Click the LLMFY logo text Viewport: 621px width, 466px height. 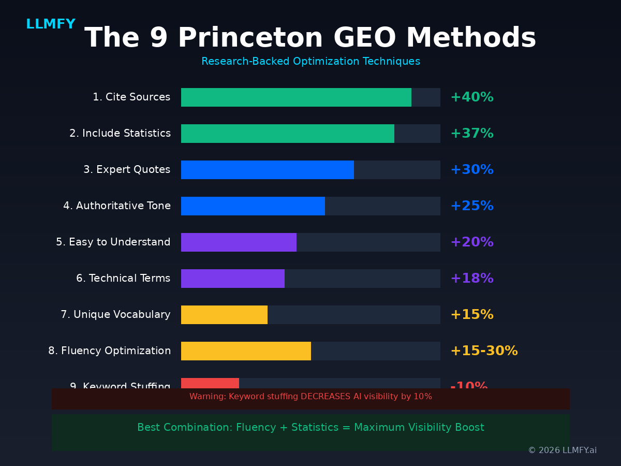point(51,24)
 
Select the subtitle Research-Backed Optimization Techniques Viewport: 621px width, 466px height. point(310,62)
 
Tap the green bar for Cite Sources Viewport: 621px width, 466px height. point(296,97)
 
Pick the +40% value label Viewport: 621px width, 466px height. point(471,97)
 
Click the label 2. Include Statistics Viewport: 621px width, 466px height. point(120,134)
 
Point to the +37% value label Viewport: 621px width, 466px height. point(471,134)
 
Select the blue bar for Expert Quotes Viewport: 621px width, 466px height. point(267,170)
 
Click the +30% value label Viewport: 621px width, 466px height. point(471,170)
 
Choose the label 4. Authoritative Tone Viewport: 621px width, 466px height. point(117,206)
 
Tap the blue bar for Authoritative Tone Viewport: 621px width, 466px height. point(253,206)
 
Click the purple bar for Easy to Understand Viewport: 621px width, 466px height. point(239,242)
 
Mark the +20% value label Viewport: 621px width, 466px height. point(471,242)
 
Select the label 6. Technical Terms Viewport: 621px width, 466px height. point(123,279)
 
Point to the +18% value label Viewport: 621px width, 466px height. point(471,279)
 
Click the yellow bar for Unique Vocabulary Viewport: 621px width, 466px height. point(224,315)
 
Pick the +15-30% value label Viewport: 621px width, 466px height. point(484,351)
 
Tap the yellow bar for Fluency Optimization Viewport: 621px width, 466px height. point(246,351)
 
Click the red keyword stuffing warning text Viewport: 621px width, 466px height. point(310,397)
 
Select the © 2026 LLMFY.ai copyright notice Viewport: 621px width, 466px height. point(562,450)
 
